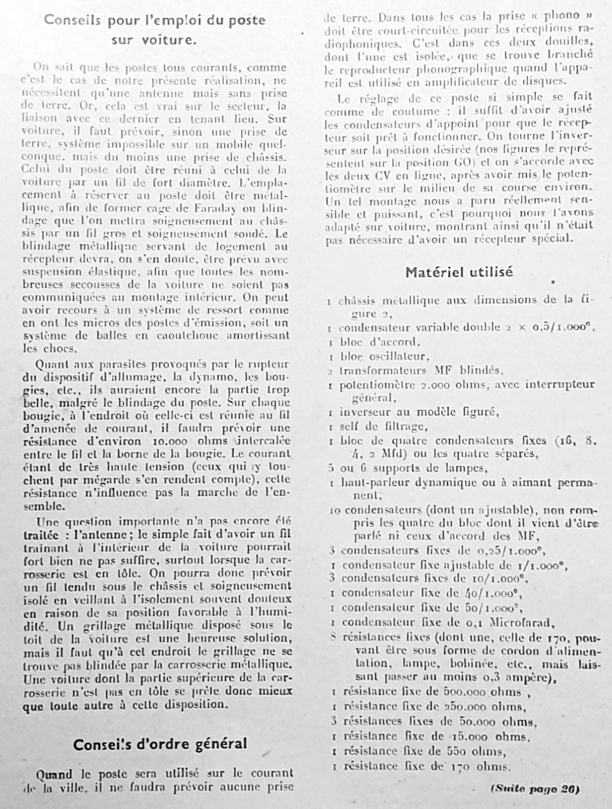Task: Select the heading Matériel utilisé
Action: pyautogui.click(x=459, y=272)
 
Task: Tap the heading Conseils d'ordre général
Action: pyautogui.click(x=159, y=744)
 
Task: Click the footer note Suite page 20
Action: pyautogui.click(x=535, y=789)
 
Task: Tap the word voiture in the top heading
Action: pyautogui.click(x=170, y=39)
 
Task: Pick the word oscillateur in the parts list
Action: pyautogui.click(x=393, y=356)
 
